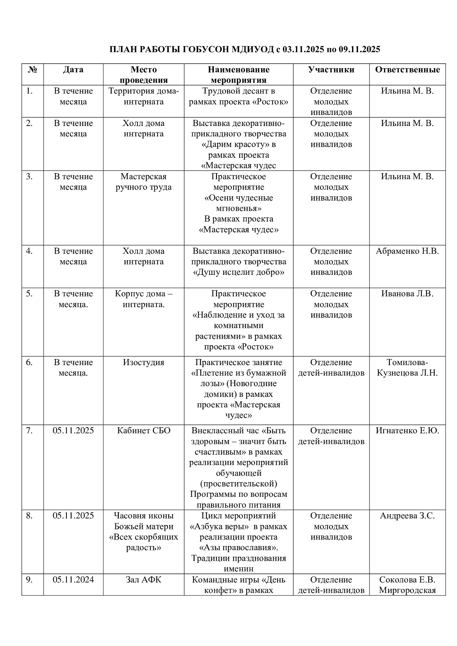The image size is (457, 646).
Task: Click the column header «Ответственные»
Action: [407, 70]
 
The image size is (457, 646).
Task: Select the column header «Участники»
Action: [331, 70]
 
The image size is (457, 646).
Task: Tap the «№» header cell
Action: [32, 70]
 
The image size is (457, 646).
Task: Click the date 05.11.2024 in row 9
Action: [73, 580]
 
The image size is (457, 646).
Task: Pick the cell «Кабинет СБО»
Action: [144, 431]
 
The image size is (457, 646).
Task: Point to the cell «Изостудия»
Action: [144, 363]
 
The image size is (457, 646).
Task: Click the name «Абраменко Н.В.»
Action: [407, 251]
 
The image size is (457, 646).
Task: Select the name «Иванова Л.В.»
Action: [407, 294]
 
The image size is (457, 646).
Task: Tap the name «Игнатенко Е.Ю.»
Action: [407, 431]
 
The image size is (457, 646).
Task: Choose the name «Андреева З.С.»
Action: [407, 516]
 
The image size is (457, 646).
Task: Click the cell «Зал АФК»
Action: [144, 580]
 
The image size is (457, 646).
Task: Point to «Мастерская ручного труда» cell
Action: [144, 182]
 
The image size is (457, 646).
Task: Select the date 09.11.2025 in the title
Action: [359, 49]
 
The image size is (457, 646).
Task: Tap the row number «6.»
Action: [29, 363]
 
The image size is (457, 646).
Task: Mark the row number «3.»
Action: [29, 177]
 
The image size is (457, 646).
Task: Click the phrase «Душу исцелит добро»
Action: [238, 272]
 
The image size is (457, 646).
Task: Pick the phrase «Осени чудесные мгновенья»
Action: [238, 203]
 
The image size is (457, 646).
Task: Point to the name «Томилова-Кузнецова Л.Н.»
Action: [407, 368]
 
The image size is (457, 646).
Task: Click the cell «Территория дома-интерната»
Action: [144, 96]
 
